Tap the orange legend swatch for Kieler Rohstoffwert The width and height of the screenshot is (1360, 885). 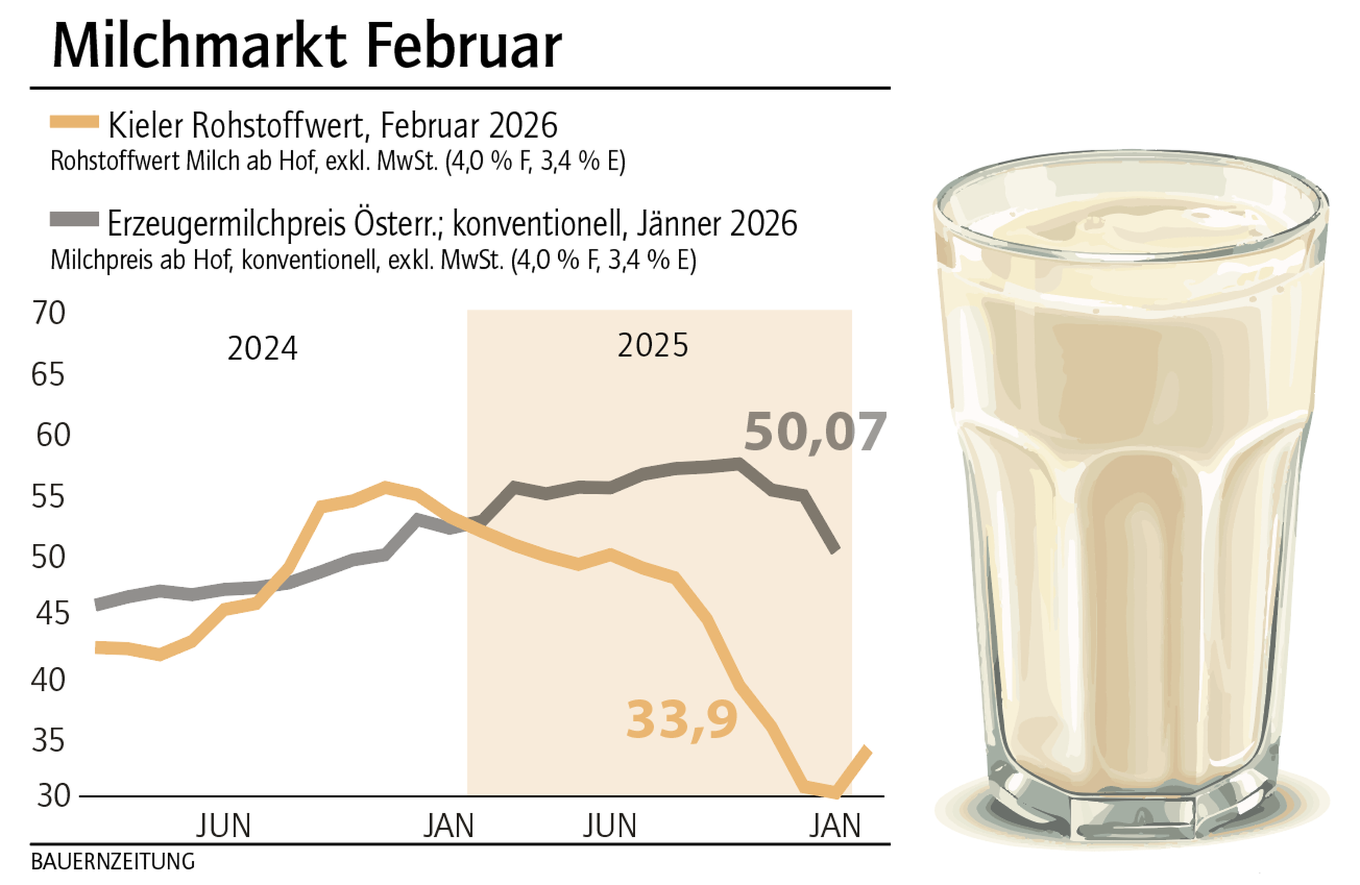[x=74, y=122]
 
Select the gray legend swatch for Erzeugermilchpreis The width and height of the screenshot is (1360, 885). [x=74, y=219]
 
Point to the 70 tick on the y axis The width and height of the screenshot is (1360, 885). [x=49, y=313]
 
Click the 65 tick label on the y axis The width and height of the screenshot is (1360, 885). [x=48, y=375]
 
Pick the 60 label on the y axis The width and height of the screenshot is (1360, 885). [x=53, y=435]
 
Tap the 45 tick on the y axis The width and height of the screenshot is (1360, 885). [x=53, y=614]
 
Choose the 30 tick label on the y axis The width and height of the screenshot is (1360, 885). [x=53, y=795]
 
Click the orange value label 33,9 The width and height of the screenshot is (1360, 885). [x=682, y=720]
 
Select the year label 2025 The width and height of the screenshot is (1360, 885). [x=653, y=345]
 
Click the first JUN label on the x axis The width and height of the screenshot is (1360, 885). [x=224, y=826]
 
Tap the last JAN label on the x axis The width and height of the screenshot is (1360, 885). [x=835, y=826]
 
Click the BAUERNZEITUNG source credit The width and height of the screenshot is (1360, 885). [x=112, y=862]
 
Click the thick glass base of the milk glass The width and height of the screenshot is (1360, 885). [x=1132, y=811]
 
